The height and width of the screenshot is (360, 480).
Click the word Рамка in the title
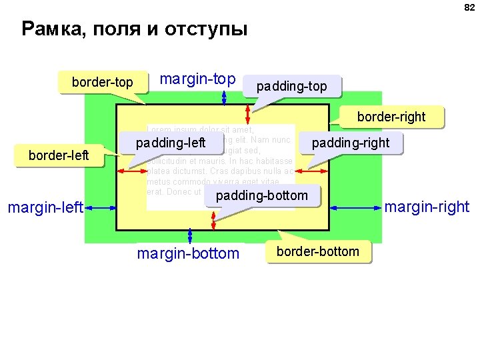pyautogui.click(x=52, y=30)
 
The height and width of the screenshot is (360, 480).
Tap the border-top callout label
pyautogui.click(x=102, y=83)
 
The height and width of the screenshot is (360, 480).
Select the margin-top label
pyautogui.click(x=198, y=79)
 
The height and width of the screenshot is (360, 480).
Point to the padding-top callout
pyautogui.click(x=292, y=87)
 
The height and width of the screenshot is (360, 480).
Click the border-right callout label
pyautogui.click(x=391, y=117)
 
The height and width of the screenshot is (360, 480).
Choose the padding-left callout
pyautogui.click(x=171, y=142)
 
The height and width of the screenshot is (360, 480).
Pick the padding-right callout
pyautogui.click(x=351, y=143)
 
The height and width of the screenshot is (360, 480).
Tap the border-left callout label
pyautogui.click(x=59, y=155)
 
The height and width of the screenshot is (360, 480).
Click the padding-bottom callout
pyautogui.click(x=262, y=195)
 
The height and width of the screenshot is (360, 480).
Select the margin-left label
pyautogui.click(x=45, y=209)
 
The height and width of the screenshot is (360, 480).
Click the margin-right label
pyautogui.click(x=427, y=207)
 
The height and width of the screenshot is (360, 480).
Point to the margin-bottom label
pyautogui.click(x=187, y=253)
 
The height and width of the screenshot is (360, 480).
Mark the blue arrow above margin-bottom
pyautogui.click(x=190, y=235)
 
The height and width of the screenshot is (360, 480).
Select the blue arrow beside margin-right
pyautogui.click(x=356, y=209)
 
